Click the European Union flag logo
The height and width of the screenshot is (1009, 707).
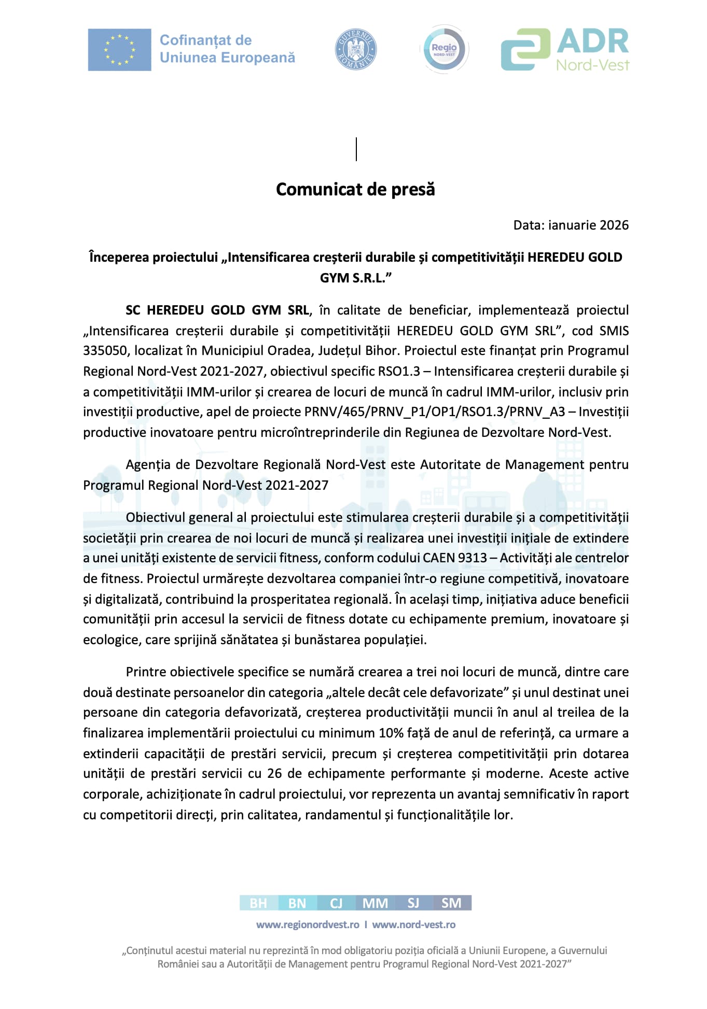click(x=119, y=50)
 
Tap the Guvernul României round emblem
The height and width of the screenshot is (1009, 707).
click(x=356, y=50)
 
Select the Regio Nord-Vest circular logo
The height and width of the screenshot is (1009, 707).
click(x=444, y=50)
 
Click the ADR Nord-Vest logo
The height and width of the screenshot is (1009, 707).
click(x=565, y=50)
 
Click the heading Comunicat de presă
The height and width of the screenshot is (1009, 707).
click(x=355, y=190)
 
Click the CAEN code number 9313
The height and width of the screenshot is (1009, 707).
click(x=473, y=558)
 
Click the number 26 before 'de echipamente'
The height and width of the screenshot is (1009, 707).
click(x=274, y=774)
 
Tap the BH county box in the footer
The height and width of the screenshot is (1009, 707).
click(x=258, y=903)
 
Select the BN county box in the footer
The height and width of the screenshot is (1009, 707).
click(x=297, y=903)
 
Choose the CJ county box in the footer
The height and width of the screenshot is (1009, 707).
click(x=336, y=903)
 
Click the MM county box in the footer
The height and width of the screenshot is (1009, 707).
click(x=375, y=903)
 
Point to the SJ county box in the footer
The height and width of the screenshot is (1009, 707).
click(x=413, y=903)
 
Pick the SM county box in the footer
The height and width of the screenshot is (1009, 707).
click(x=451, y=903)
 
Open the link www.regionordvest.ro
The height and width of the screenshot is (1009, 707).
click(x=308, y=925)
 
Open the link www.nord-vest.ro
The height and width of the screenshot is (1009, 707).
click(x=414, y=925)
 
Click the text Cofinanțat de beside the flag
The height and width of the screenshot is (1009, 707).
click(x=205, y=40)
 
